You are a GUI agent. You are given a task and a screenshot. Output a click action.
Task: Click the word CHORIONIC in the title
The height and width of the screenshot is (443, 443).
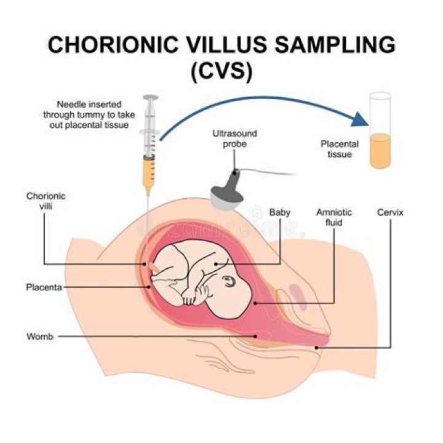113,45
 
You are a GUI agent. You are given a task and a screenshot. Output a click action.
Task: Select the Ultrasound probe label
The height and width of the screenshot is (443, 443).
235,138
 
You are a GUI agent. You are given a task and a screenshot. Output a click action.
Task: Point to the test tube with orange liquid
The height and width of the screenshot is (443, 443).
380,130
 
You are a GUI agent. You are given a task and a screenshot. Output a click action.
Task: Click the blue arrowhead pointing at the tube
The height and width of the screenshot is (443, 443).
360,119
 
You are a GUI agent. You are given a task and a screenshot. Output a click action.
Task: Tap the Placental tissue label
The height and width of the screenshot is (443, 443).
340,149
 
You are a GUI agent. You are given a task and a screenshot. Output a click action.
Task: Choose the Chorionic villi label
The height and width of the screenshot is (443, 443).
46,201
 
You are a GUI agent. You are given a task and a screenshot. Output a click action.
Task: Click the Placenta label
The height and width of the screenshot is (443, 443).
44,287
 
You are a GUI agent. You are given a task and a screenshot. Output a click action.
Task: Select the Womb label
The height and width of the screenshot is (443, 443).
40,337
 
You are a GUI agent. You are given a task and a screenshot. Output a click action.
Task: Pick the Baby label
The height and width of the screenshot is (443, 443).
280,212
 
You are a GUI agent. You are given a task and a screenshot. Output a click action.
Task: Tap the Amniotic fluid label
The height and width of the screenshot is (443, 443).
334,217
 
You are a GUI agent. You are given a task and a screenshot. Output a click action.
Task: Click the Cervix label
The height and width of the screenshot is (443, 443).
390,212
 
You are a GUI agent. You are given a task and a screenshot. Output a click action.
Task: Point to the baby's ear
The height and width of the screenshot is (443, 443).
228,281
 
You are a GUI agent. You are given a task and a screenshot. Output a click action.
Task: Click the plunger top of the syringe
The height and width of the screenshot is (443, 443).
150,97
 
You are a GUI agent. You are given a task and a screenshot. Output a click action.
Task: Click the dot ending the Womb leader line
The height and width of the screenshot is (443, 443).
255,336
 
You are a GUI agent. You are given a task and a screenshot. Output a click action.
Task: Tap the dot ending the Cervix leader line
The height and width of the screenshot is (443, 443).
317,348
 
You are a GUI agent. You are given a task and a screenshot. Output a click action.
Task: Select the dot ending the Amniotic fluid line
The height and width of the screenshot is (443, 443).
255,303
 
